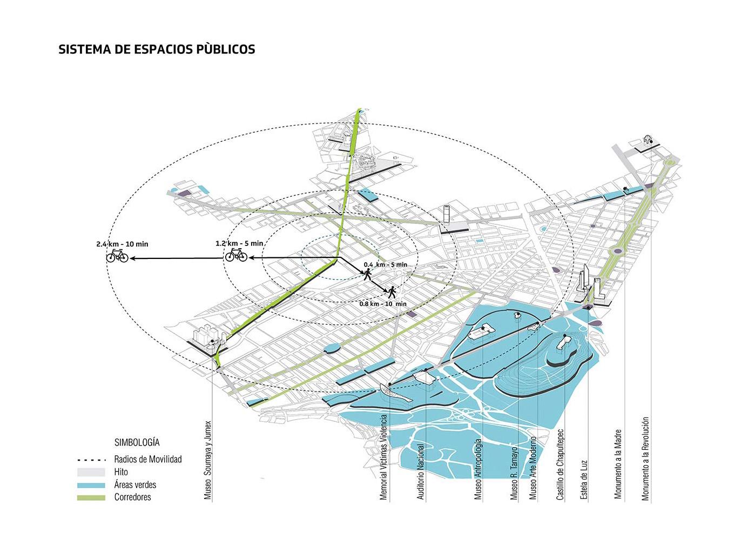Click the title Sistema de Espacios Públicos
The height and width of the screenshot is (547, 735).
click(157, 49)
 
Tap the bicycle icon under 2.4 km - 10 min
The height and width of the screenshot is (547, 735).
click(117, 256)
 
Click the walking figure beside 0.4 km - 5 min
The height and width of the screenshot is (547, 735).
click(368, 275)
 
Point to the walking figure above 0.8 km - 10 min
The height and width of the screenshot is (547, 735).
click(391, 292)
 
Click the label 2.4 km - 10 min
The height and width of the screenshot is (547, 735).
click(122, 244)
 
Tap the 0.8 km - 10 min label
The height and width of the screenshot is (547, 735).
click(383, 304)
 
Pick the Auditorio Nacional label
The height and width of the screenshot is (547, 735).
click(421, 470)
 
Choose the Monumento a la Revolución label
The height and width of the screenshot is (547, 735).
click(646, 459)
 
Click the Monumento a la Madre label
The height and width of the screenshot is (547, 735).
click(619, 464)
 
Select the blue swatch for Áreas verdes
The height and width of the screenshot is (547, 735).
click(91, 485)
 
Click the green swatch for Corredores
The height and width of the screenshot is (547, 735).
click(91, 497)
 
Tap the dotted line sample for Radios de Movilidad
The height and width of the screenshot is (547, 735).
click(91, 460)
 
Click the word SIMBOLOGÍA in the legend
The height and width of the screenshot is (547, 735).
click(137, 442)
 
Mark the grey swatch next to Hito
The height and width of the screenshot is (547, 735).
click(91, 472)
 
